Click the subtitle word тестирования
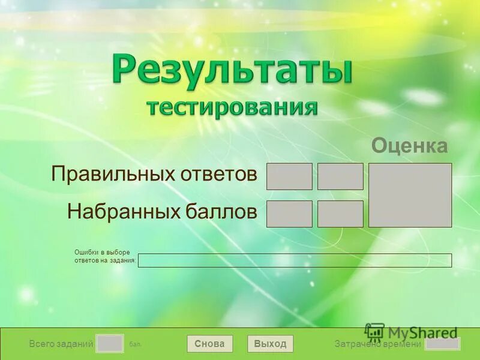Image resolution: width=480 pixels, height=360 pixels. pyautogui.click(x=232, y=107)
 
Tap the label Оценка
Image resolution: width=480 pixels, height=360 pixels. pyautogui.click(x=410, y=146)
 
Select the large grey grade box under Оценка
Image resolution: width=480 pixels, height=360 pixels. pyautogui.click(x=410, y=195)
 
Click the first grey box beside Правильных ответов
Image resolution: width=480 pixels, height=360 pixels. pyautogui.click(x=289, y=176)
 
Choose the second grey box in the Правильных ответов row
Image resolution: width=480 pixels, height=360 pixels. pyautogui.click(x=340, y=176)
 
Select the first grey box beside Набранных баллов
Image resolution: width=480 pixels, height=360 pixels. pyautogui.click(x=289, y=214)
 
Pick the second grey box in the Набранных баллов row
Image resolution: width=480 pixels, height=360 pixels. pyautogui.click(x=340, y=214)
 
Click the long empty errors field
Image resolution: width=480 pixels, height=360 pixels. pyautogui.click(x=295, y=260)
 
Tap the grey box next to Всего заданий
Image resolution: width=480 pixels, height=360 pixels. pyautogui.click(x=110, y=344)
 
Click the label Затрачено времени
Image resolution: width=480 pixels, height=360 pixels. pyautogui.click(x=378, y=344)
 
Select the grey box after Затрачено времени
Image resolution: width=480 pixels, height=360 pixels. pyautogui.click(x=442, y=344)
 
